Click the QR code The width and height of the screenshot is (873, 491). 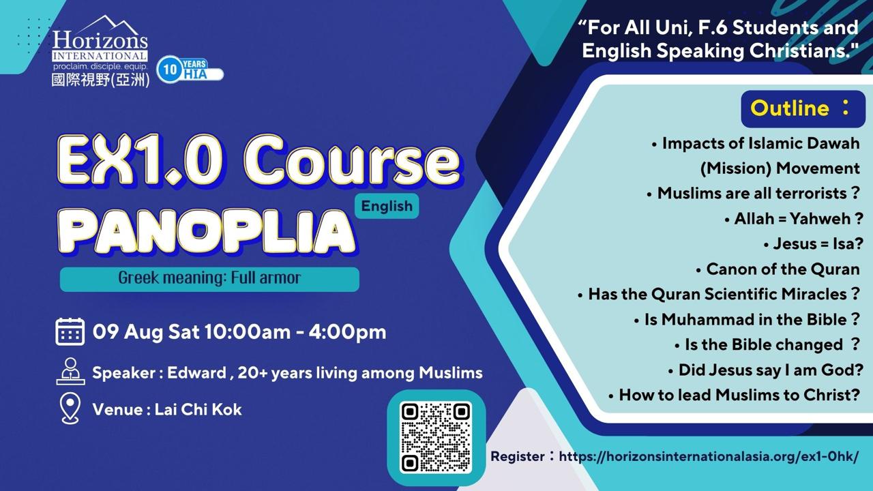[436, 437]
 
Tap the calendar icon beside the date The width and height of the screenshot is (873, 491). [70, 331]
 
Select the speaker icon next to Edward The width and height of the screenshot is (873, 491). [70, 372]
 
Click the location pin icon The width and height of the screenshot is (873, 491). [70, 408]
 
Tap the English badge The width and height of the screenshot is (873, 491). [387, 206]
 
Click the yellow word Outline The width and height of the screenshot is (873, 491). [790, 108]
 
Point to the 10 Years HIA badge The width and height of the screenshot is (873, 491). [190, 70]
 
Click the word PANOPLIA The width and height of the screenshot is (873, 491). [207, 232]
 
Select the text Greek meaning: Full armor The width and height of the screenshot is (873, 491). [209, 278]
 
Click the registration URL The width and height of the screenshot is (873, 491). [709, 456]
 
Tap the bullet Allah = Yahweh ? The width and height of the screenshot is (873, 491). [794, 219]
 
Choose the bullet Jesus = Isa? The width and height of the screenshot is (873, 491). [813, 244]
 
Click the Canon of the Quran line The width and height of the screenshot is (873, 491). [778, 269]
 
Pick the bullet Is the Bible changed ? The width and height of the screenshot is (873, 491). [767, 344]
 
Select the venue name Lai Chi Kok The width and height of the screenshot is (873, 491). [198, 410]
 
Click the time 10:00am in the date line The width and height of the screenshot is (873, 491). [248, 332]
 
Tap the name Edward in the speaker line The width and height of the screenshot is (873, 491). [196, 373]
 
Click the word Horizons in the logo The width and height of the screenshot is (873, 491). [100, 40]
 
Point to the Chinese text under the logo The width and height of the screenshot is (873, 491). [100, 80]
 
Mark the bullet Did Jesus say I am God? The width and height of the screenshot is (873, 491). [765, 370]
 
